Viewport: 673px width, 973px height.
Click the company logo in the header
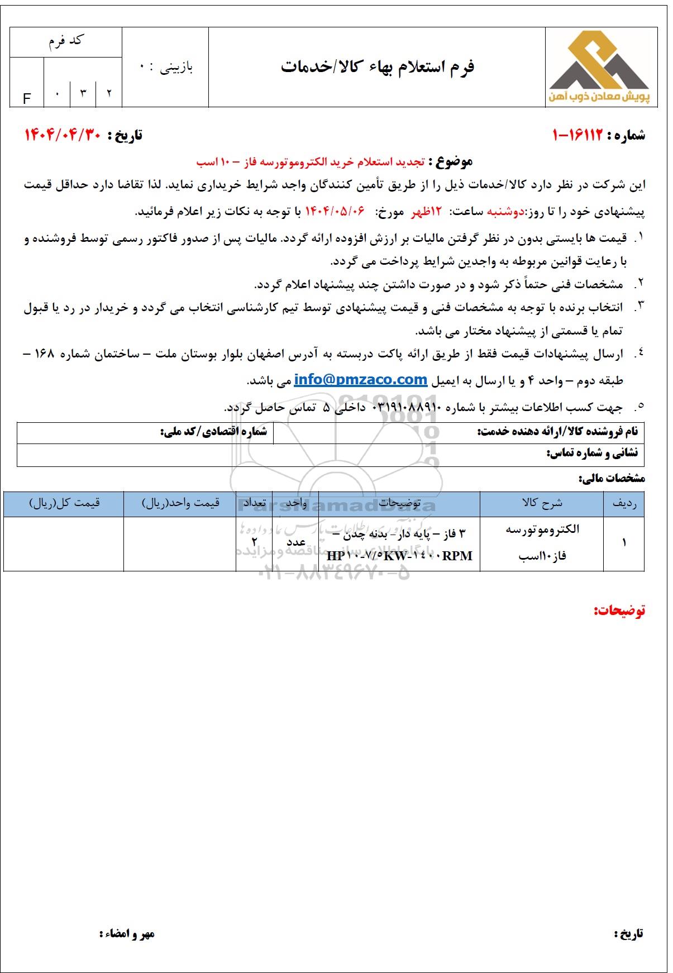point(602,68)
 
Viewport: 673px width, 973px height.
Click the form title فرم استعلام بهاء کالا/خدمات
point(378,67)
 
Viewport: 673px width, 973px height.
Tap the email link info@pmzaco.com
point(360,380)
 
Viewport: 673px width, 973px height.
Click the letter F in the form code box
point(26,99)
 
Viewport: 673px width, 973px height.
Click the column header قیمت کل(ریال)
point(64,503)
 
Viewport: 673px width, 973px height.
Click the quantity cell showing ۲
point(255,541)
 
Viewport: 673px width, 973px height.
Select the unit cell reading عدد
point(295,542)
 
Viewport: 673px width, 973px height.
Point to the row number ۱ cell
point(624,542)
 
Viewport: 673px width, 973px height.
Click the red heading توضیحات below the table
point(619,610)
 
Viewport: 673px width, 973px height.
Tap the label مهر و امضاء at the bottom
point(127,933)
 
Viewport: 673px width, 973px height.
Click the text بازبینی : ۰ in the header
point(166,68)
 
